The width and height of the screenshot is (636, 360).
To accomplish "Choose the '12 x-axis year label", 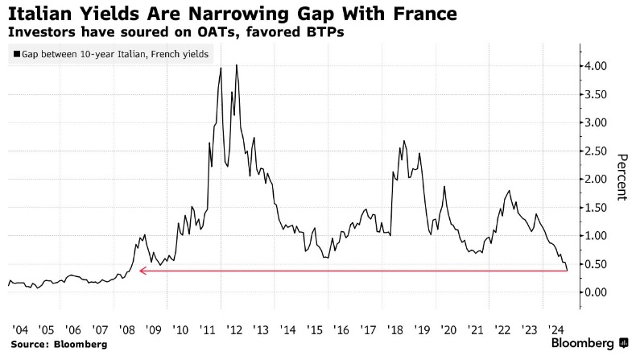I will coord(235,329).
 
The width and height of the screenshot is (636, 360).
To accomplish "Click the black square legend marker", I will coord(17,55).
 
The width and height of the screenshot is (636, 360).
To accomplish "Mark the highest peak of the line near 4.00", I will coord(236,65).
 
